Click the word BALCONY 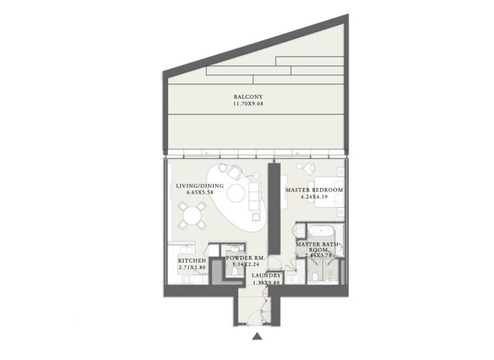248,97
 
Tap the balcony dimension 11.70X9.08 248,103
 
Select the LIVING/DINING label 200,186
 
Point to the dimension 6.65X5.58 200,192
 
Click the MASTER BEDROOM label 314,190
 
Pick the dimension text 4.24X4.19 314,197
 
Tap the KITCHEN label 192,261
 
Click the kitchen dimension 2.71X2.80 192,268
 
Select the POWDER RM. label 245,258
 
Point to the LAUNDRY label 266,275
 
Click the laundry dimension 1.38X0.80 266,283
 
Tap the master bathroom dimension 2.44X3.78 318,255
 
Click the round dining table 192,216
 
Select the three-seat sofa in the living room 255,196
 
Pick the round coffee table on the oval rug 236,193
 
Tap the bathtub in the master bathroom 321,232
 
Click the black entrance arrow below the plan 257,336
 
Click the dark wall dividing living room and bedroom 274,209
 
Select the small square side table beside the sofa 256,217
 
